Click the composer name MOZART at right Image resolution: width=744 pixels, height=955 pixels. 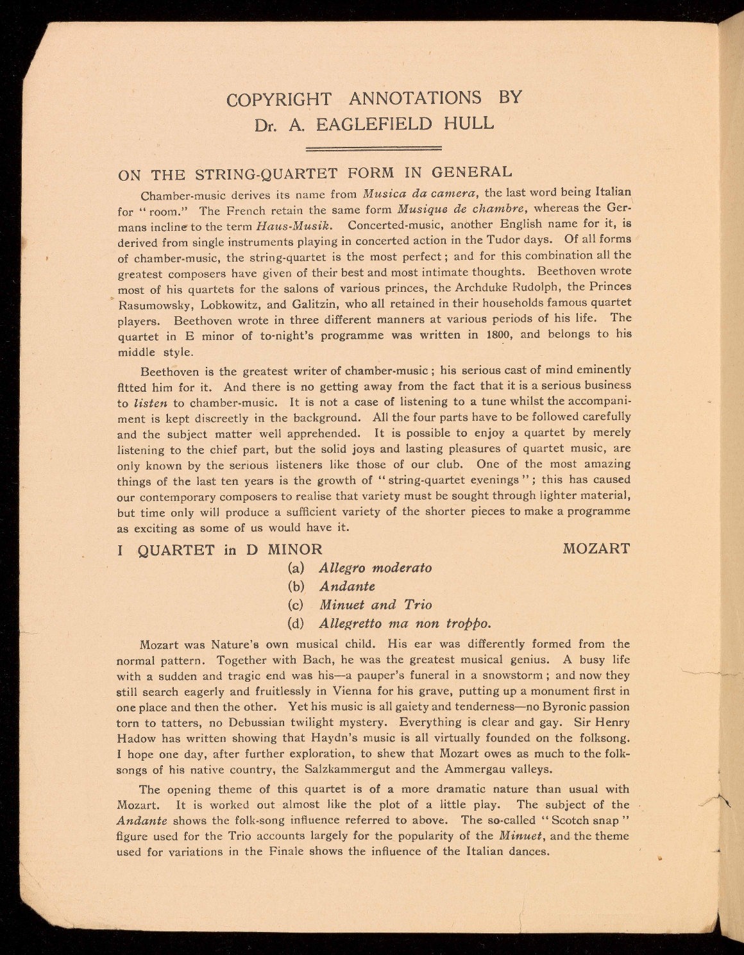tap(596, 549)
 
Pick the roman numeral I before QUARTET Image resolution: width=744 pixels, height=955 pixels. tap(121, 550)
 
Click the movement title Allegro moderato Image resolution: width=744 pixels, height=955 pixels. tap(375, 568)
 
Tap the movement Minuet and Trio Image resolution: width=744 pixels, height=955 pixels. tap(375, 605)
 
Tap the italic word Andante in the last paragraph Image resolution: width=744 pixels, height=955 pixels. tap(142, 821)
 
